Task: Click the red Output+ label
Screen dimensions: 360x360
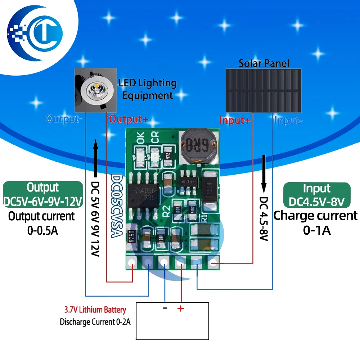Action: pos(129,119)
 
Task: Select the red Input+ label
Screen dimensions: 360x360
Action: pos(235,121)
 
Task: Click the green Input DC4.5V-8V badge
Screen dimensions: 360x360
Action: pos(317,195)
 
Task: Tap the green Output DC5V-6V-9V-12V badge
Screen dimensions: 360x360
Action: pos(43,194)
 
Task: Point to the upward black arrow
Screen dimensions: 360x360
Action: pos(96,158)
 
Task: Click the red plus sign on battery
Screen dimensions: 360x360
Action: pos(180,309)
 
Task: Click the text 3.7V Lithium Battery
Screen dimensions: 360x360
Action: pos(95,310)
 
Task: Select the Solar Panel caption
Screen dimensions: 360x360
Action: pos(264,64)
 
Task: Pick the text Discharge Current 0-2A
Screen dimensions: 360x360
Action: pos(95,322)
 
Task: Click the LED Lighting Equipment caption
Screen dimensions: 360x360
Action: pos(148,89)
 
